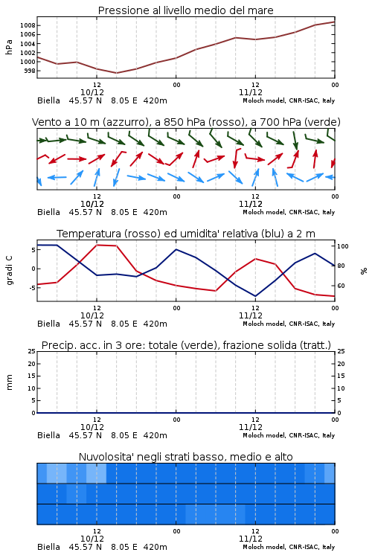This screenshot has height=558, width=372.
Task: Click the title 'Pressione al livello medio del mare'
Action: (185, 10)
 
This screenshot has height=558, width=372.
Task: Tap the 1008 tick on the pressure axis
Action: (28, 25)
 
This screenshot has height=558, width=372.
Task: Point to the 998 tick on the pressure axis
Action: (30, 71)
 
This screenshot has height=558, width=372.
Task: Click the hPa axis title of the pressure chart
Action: (9, 47)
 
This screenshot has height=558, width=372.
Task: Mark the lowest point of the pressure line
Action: (116, 73)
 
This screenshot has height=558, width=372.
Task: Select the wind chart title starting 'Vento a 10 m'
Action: (186, 122)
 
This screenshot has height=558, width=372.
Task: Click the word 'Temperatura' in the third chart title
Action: (89, 234)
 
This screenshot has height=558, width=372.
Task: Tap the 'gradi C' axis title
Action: (9, 270)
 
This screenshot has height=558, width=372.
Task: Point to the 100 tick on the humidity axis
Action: (343, 246)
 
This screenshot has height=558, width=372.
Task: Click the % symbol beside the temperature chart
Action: (364, 271)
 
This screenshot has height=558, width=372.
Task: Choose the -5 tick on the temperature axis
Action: (33, 287)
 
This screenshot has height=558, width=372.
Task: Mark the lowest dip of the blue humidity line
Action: (255, 296)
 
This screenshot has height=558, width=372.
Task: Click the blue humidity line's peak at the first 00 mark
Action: (176, 249)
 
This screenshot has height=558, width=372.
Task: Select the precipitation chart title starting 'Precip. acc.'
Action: (186, 345)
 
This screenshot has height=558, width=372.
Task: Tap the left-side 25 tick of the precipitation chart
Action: (32, 351)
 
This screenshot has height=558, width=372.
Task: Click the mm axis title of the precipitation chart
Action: (9, 382)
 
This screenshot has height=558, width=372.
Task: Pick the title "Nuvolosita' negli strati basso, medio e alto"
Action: (185, 457)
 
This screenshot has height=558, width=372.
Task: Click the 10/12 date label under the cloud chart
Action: (92, 539)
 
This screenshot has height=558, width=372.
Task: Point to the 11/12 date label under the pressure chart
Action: (251, 92)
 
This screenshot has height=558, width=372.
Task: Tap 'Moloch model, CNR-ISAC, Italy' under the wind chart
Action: (289, 212)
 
